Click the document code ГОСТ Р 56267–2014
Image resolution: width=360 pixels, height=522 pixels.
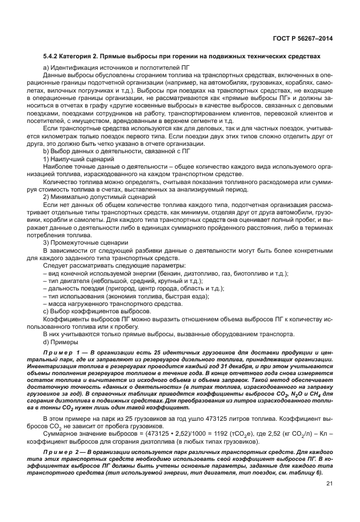[303, 38]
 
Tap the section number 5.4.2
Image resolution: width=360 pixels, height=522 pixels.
[51, 56]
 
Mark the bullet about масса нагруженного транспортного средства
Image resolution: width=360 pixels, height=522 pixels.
[111, 305]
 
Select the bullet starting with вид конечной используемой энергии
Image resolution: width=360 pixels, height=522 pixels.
[166, 274]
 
